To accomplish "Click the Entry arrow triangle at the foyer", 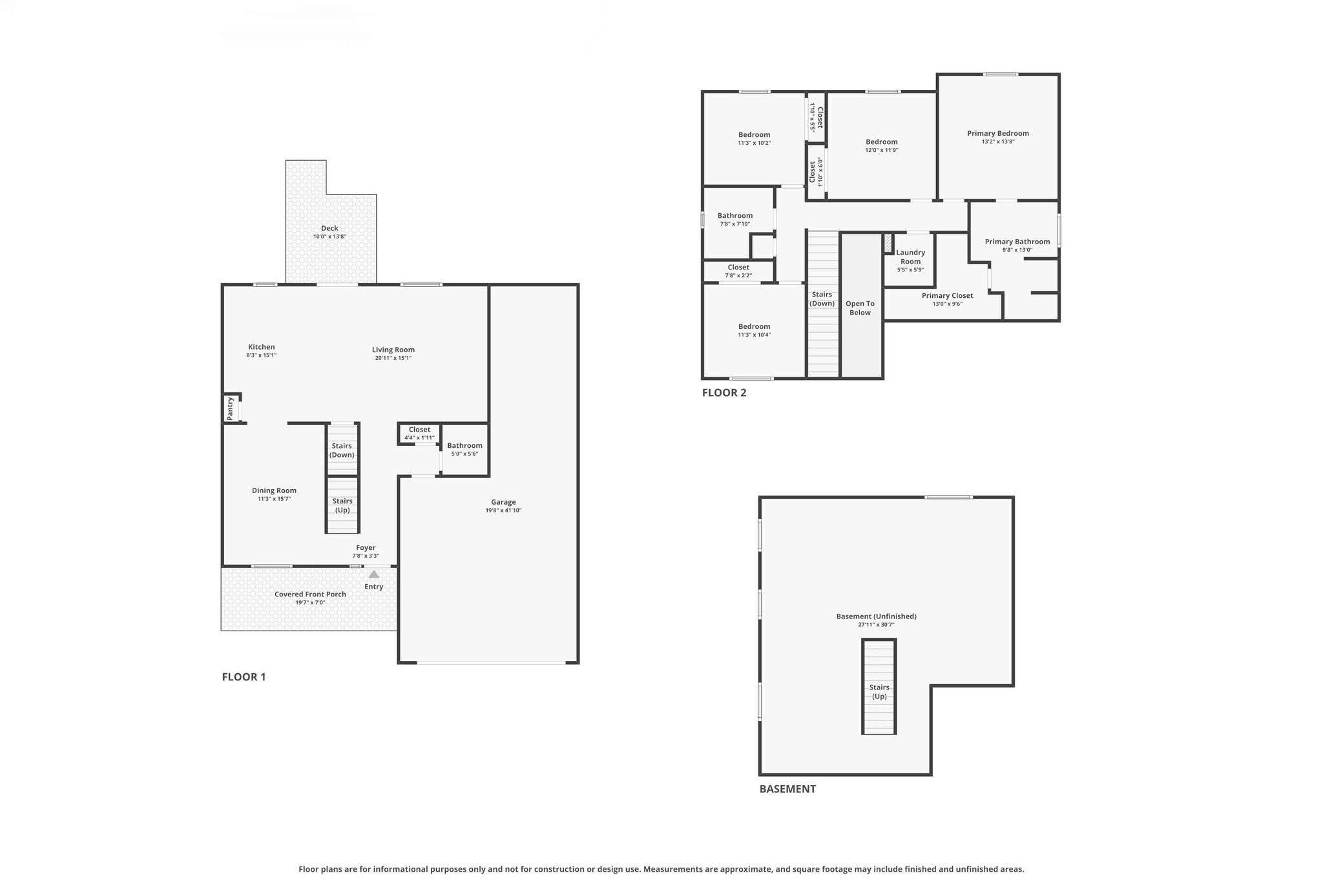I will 373,574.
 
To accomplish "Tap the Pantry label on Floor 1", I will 230,408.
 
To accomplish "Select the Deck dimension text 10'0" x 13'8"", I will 329,236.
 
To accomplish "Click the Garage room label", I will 503,502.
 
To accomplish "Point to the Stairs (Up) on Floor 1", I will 342,505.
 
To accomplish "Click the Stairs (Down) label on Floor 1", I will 342,450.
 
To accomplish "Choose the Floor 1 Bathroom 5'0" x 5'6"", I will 464,449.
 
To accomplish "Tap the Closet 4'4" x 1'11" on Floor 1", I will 419,433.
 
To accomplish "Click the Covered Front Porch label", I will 310,594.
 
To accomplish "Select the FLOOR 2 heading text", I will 724,392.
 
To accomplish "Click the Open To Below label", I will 860,308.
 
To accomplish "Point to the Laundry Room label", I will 910,257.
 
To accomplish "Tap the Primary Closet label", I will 947,296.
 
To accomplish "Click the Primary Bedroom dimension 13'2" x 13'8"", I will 998,142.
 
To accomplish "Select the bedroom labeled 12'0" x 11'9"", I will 882,145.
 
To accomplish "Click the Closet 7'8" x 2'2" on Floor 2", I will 738,271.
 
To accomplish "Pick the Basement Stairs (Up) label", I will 879,691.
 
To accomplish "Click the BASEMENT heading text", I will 787,788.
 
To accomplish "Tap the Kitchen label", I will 261,347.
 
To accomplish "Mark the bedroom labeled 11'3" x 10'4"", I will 754,330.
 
